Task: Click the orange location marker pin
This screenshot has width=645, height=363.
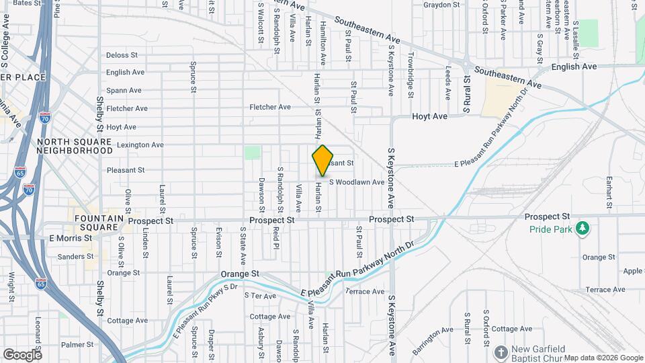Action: coord(322,161)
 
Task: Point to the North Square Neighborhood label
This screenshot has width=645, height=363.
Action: coord(75,146)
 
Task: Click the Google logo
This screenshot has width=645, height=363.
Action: coord(22,354)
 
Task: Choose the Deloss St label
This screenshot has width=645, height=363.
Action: coord(122,55)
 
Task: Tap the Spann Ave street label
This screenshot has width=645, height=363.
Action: coord(124,90)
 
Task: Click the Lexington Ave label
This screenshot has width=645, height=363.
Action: coord(140,145)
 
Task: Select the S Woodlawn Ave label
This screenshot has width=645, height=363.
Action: coord(356,182)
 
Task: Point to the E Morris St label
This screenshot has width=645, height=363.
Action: coord(69,238)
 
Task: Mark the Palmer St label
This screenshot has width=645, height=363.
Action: coord(75,345)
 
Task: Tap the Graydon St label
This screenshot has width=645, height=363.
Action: coord(441,5)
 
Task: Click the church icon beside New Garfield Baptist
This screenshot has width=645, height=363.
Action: coord(500,352)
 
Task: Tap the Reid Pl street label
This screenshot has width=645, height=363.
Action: coord(276,237)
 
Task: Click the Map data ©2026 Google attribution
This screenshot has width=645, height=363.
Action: coord(603,358)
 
